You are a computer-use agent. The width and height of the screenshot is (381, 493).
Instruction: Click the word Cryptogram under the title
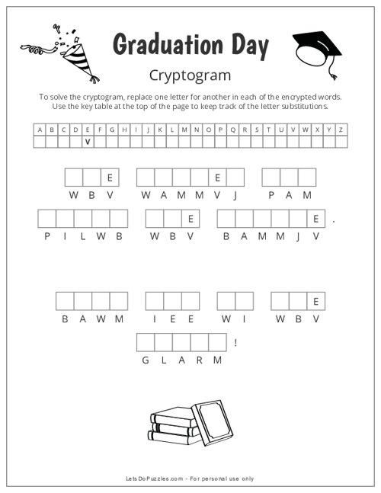tap(190, 75)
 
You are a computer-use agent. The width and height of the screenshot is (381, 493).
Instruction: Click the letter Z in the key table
tap(341, 130)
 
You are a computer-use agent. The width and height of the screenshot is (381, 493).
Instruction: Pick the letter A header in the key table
tap(40, 130)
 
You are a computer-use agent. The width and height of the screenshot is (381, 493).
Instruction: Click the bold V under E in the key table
tap(88, 142)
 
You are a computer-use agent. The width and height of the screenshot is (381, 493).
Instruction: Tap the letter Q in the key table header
tap(233, 130)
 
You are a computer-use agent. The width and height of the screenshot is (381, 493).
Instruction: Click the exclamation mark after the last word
tap(235, 342)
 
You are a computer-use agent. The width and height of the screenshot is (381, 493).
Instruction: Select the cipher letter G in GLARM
tap(146, 360)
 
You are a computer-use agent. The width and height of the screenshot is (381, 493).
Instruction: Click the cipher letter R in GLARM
tap(200, 360)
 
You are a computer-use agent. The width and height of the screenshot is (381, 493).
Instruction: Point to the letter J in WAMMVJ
tap(235, 196)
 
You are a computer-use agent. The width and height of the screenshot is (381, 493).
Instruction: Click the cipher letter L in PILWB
tap(83, 236)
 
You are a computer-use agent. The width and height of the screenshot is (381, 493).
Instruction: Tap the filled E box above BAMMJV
tap(316, 219)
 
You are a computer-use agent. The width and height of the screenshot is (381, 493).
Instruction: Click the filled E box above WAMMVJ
tap(217, 178)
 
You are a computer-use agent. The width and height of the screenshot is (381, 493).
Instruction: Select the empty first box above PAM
tap(271, 178)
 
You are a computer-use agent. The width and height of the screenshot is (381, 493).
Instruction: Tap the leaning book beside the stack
tap(212, 423)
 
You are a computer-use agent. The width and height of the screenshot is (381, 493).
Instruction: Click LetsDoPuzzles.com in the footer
tap(155, 479)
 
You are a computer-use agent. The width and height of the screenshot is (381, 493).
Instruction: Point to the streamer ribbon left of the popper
tap(38, 49)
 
